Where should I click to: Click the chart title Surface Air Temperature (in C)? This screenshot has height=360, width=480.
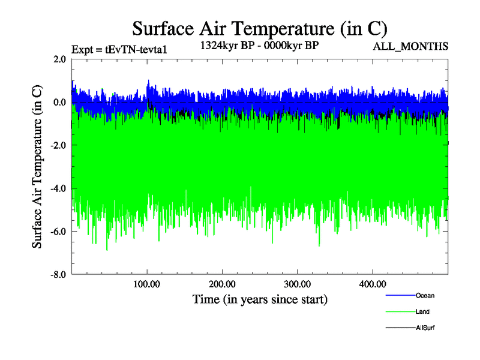coord(260,28)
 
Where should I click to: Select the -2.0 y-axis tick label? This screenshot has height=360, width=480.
coord(58,146)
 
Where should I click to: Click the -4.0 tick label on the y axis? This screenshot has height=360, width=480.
coord(58,189)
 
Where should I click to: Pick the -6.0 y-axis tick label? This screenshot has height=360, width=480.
coord(58,232)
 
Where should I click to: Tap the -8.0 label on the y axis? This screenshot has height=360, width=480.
coord(58,275)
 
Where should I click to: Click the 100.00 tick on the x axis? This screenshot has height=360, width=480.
coord(147,284)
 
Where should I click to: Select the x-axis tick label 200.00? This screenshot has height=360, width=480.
coord(222,284)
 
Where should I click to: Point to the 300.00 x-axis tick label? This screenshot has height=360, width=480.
coord(297,284)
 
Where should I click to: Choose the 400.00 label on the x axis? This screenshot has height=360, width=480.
coord(372,284)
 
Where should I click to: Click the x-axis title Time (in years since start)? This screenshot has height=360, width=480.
coord(260,298)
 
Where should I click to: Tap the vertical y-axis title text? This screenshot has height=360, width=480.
coord(37,167)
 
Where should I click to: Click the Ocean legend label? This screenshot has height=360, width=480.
coord(425,295)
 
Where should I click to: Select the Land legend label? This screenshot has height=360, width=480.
coord(422,311)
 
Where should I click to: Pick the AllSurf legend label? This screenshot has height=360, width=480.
coord(425,328)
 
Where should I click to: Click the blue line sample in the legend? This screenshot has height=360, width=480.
coord(399,295)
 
